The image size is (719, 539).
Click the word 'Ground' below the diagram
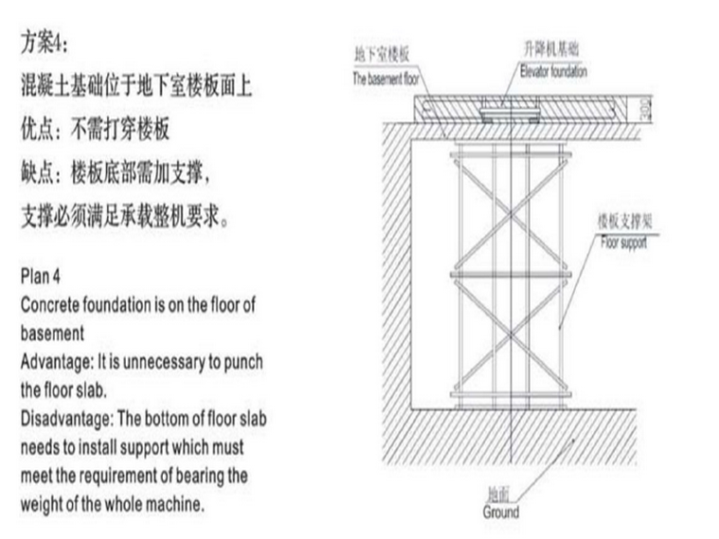(500, 513)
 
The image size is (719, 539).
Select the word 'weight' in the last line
(42, 504)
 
